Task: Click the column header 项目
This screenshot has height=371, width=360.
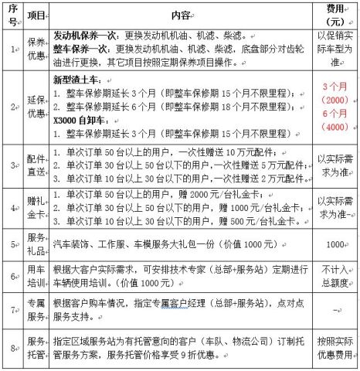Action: pyautogui.click(x=36, y=15)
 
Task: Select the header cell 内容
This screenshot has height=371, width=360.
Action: pyautogui.click(x=182, y=15)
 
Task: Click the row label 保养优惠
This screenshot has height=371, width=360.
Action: pyautogui.click(x=36, y=50)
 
